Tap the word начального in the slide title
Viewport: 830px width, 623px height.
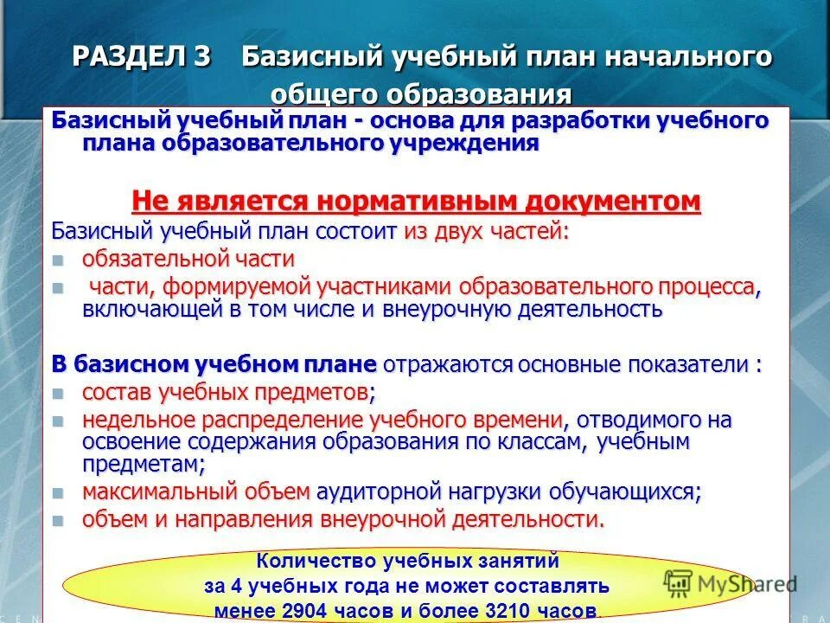(674, 57)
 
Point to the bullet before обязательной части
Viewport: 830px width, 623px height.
(58, 260)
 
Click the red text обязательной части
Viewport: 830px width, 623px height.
(188, 259)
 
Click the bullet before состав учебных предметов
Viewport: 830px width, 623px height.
(58, 393)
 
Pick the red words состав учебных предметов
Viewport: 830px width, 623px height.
(225, 392)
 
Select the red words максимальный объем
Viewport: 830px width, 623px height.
(195, 492)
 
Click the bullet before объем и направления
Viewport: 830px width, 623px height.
(58, 521)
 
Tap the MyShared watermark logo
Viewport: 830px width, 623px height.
(730, 582)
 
